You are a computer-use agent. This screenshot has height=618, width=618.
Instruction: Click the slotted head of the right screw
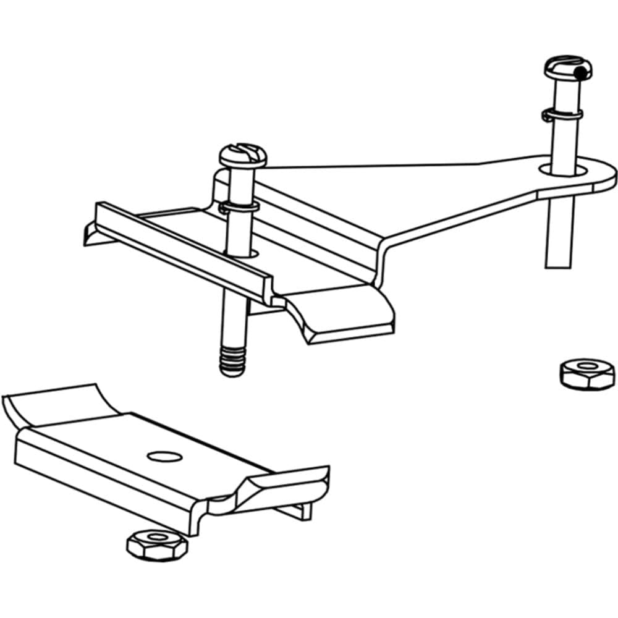567,67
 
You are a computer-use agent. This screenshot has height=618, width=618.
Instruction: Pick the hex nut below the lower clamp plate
156,544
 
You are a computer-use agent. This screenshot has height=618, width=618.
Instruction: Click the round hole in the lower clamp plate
165,456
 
